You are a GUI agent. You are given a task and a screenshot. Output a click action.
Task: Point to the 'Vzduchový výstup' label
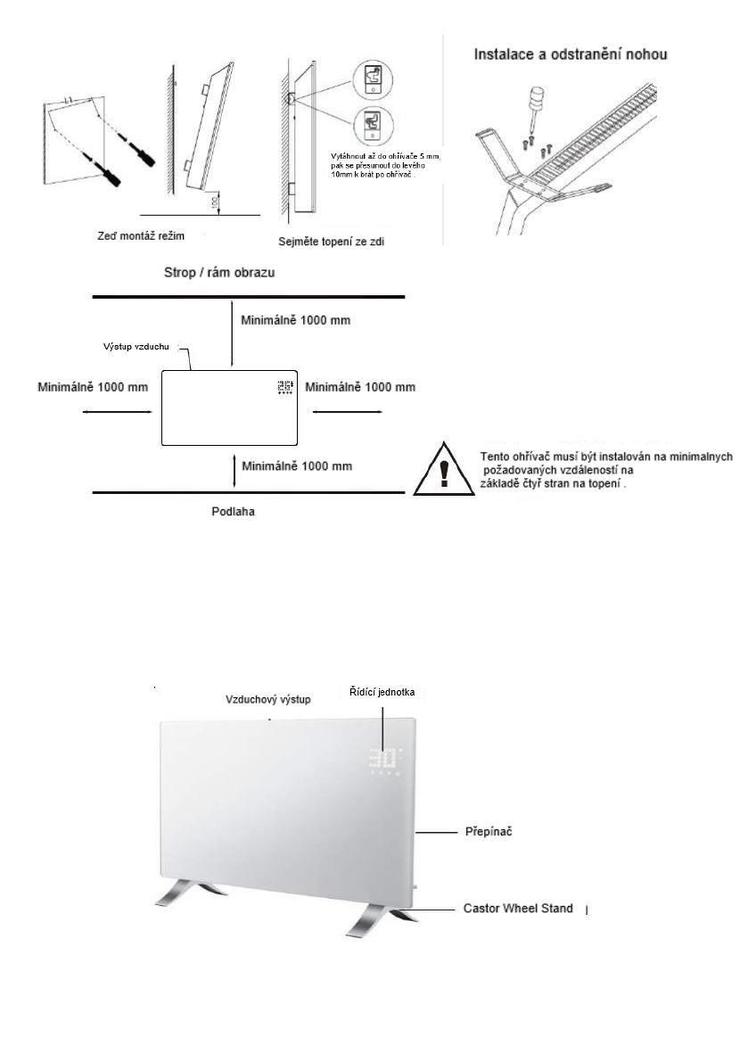268,700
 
